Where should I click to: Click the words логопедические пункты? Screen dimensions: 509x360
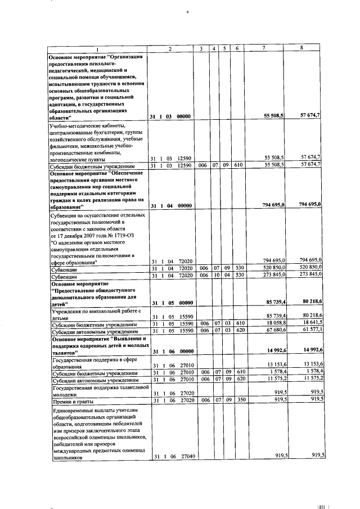tap(77, 160)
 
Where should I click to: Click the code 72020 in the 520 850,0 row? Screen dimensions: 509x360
tap(183, 268)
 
